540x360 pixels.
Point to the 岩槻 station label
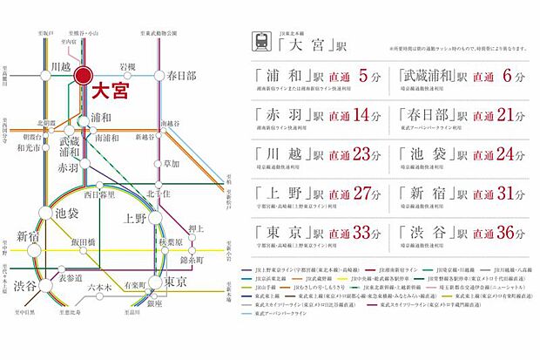tap(127, 66)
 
